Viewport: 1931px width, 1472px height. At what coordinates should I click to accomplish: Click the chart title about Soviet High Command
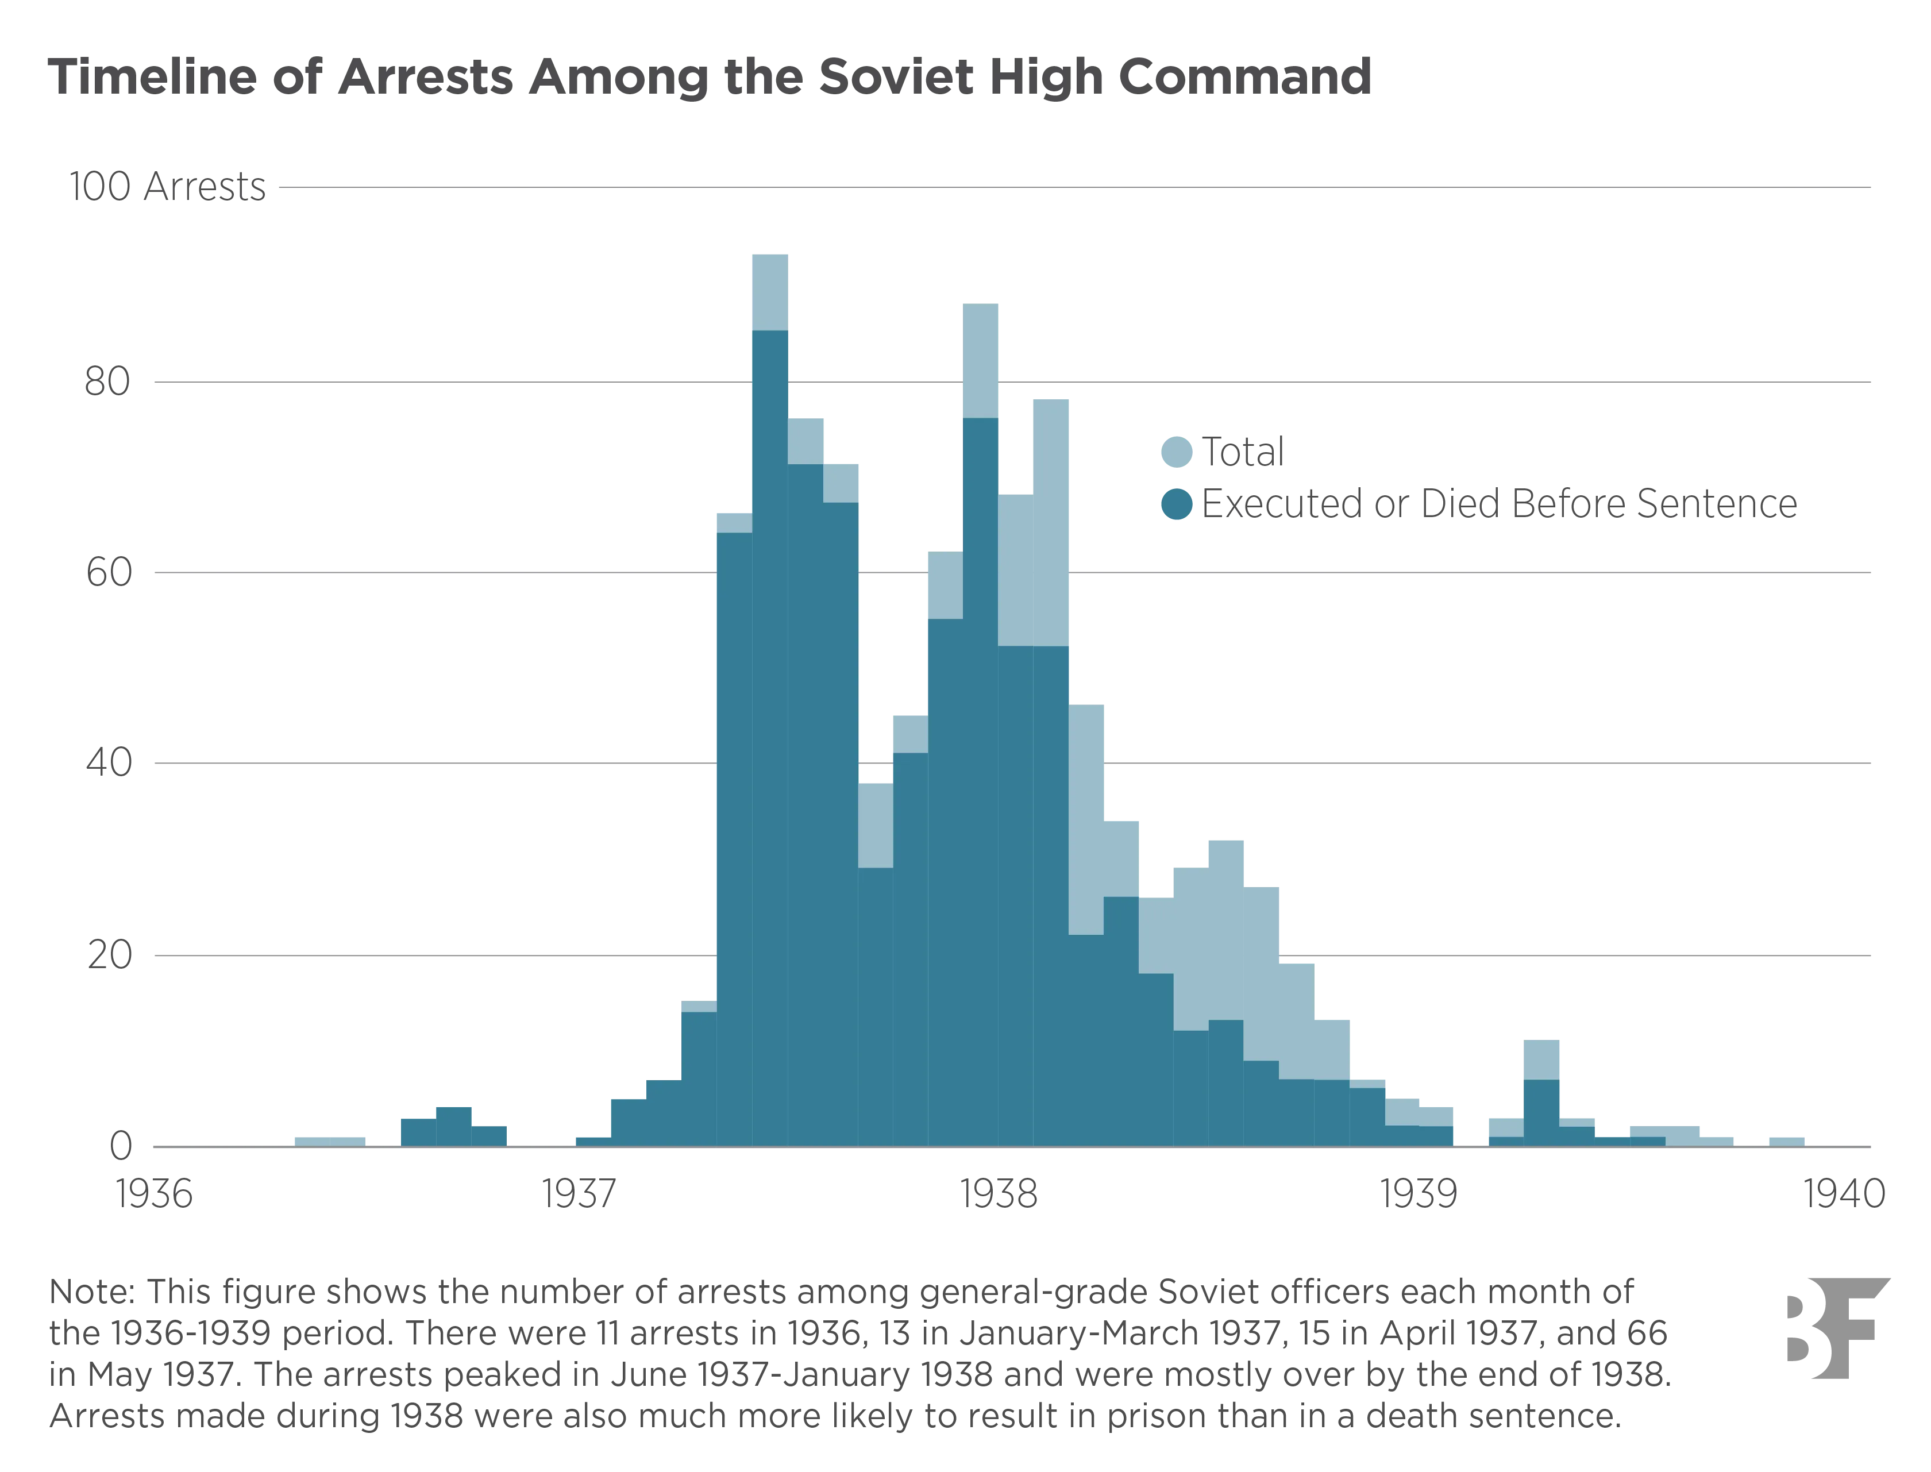coord(710,79)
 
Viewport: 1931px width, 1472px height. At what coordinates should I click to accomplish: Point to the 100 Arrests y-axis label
coord(167,187)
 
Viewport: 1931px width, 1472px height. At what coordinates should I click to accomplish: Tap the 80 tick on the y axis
coord(107,383)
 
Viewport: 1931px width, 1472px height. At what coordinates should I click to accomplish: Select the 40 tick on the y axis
coord(107,762)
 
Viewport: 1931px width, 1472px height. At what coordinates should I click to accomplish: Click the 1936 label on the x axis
coord(153,1193)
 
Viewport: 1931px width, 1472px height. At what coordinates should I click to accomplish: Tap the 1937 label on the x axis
coord(578,1193)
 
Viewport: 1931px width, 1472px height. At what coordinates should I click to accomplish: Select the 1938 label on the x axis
coord(999,1193)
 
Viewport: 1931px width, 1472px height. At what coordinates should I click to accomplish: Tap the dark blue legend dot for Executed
coord(1175,504)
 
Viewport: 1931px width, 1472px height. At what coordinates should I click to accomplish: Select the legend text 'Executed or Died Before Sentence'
coord(1498,504)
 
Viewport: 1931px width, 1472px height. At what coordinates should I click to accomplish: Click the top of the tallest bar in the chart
coord(769,255)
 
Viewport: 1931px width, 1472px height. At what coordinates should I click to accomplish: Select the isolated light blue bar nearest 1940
coord(1786,1140)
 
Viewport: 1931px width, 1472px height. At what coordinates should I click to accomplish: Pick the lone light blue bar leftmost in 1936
coord(330,1140)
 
